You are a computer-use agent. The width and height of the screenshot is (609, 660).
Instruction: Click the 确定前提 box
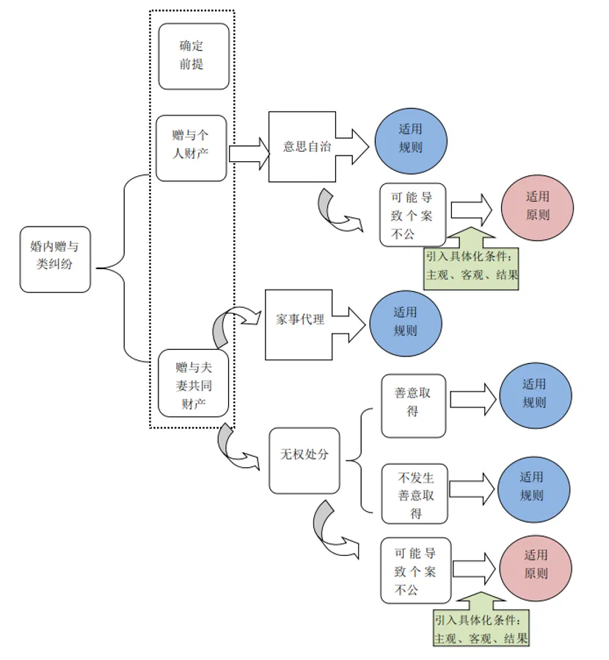194,56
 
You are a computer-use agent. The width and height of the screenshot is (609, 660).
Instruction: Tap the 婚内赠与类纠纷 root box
56,259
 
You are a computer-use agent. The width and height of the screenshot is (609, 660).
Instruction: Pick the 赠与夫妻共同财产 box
194,384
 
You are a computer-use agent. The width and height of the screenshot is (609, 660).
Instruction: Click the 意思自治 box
302,147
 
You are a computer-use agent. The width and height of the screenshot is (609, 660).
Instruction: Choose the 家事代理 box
299,323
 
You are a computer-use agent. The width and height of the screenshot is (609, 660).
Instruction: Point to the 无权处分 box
304,461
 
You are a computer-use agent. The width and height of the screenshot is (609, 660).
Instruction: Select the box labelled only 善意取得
413,406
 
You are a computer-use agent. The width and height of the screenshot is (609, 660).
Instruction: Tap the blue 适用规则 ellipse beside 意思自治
410,139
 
